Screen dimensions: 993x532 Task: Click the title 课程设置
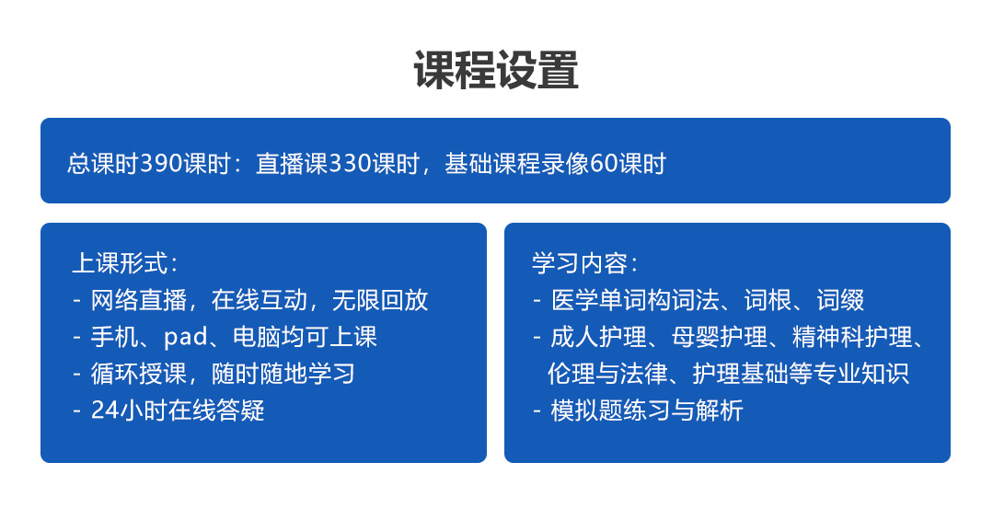click(x=496, y=70)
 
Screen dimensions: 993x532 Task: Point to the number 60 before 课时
click(x=604, y=164)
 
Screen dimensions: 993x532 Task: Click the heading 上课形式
click(x=120, y=263)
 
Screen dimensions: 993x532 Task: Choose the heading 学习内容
click(x=580, y=263)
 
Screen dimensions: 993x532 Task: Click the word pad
click(x=186, y=337)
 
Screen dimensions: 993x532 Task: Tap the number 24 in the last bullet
click(x=105, y=411)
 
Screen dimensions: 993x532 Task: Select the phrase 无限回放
click(x=380, y=300)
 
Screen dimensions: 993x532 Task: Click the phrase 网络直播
click(x=139, y=300)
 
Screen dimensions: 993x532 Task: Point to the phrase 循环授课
click(x=139, y=374)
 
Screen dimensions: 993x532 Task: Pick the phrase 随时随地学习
click(x=283, y=374)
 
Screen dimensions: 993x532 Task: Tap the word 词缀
click(x=840, y=300)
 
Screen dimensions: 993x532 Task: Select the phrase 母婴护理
click(x=720, y=337)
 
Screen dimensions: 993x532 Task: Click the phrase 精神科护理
click(x=852, y=337)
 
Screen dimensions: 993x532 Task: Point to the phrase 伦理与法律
click(x=607, y=374)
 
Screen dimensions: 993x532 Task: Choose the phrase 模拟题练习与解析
click(x=647, y=411)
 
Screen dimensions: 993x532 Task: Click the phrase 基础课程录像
click(x=517, y=164)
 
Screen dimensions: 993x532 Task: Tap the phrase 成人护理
click(x=598, y=337)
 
